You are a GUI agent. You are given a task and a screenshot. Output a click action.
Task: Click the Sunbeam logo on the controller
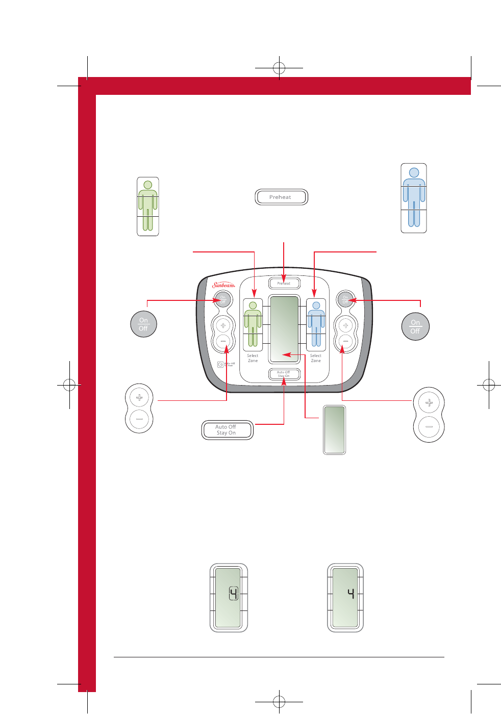pyautogui.click(x=223, y=285)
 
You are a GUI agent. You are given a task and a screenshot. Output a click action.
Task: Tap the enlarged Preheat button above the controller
pyautogui.click(x=281, y=197)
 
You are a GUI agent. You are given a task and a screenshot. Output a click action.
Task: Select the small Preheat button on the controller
pyautogui.click(x=284, y=283)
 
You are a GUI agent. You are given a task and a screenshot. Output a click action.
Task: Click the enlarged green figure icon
pyautogui.click(x=147, y=206)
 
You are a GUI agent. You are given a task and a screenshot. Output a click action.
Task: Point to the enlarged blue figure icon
pyautogui.click(x=414, y=198)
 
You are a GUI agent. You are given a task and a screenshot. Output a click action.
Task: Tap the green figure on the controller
pyautogui.click(x=253, y=324)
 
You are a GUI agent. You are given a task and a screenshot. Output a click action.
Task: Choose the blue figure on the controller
pyautogui.click(x=316, y=324)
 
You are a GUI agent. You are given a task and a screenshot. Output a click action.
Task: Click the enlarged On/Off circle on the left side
pyautogui.click(x=143, y=324)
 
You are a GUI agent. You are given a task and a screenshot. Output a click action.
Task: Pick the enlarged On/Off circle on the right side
pyautogui.click(x=415, y=326)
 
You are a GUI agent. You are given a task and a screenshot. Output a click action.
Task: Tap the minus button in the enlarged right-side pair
pyautogui.click(x=429, y=426)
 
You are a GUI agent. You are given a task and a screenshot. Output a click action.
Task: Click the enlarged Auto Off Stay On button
pyautogui.click(x=227, y=430)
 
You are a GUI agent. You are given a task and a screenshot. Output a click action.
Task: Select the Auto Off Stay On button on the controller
pyautogui.click(x=284, y=374)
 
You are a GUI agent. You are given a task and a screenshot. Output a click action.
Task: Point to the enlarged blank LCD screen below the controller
pyautogui.click(x=335, y=429)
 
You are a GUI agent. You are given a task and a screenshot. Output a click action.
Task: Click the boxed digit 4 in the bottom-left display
pyautogui.click(x=234, y=594)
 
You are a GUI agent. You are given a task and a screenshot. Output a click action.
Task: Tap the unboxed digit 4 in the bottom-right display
pyautogui.click(x=351, y=593)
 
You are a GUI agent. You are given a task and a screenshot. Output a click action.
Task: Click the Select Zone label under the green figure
pyautogui.click(x=253, y=358)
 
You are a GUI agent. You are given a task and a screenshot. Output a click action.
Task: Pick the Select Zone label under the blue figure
pyautogui.click(x=316, y=358)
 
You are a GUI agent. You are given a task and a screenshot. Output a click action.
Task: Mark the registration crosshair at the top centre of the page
pyautogui.click(x=279, y=67)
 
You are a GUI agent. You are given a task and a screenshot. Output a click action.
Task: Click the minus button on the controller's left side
pyautogui.click(x=223, y=341)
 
